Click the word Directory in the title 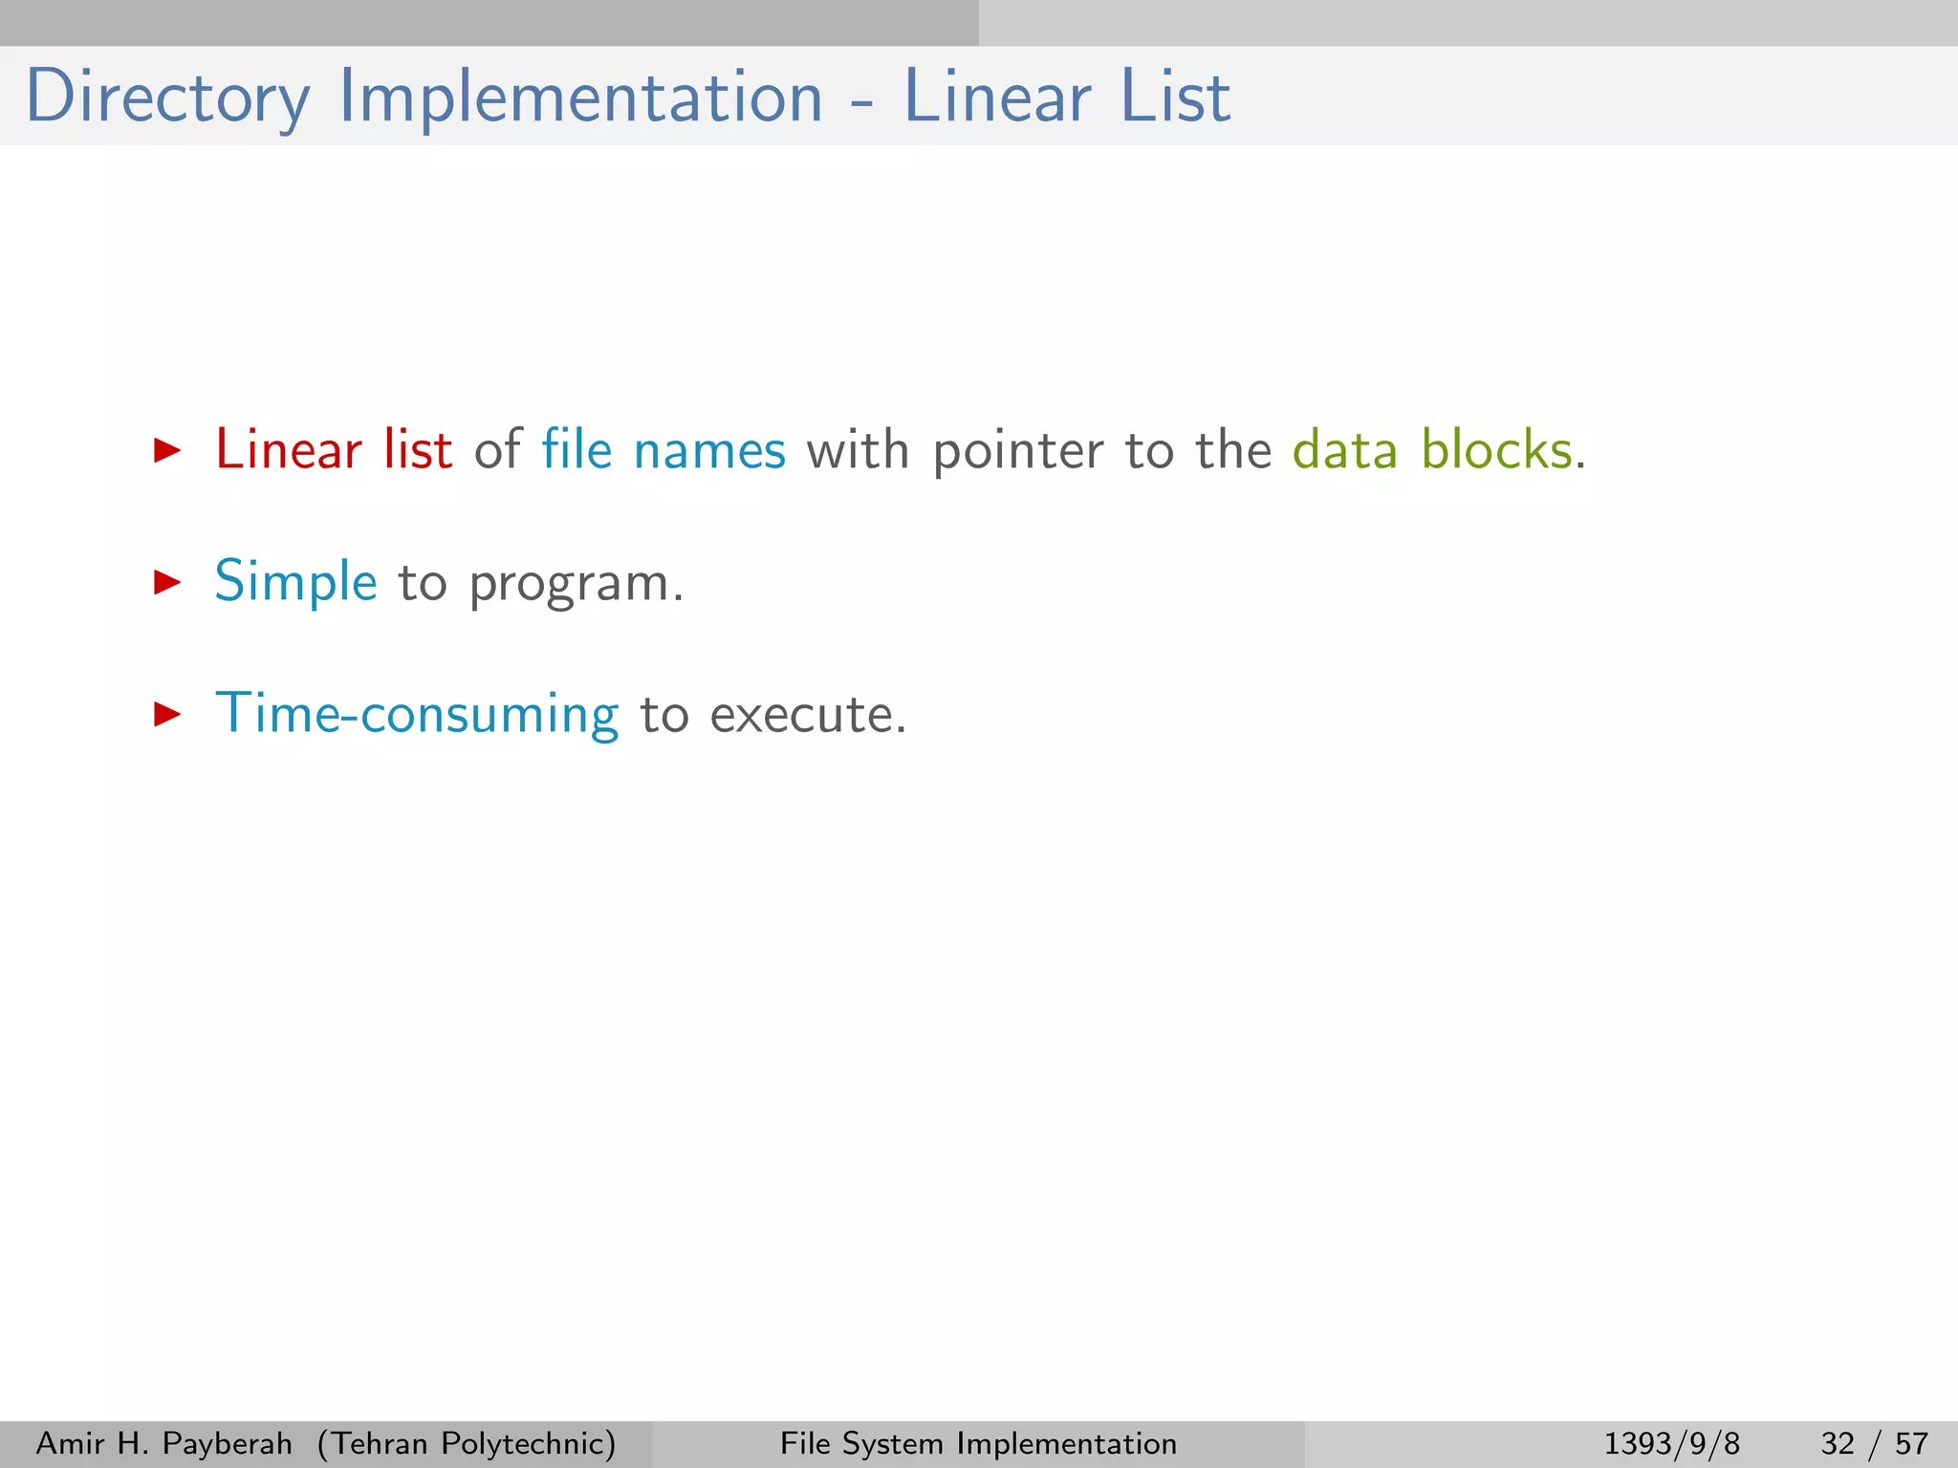pos(167,97)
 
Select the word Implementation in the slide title pos(580,97)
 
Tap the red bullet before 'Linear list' pos(167,450)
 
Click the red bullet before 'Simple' pos(167,582)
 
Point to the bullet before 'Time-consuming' pos(167,714)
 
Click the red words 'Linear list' pos(334,449)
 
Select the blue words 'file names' pos(664,449)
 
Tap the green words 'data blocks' pos(1432,449)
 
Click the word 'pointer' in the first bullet pos(1018,451)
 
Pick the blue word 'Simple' pos(296,582)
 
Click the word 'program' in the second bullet pos(570,584)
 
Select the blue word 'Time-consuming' pos(417,715)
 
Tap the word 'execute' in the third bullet pos(802,715)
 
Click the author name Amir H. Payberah pos(164,1443)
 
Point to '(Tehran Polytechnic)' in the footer pos(467,1443)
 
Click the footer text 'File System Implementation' pos(978,1443)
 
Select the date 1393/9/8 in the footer pos(1671,1443)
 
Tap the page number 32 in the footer pos(1838,1443)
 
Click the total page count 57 pos(1911,1443)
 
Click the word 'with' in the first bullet pos(858,449)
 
